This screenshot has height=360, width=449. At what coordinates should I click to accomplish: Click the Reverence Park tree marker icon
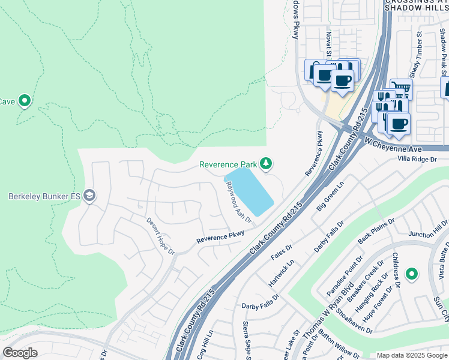point(265,164)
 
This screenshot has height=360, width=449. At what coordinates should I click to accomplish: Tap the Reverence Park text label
point(228,164)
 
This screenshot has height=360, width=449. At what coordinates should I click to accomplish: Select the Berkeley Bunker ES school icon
point(89,196)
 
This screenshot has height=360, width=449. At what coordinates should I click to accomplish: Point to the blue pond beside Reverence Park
point(249,191)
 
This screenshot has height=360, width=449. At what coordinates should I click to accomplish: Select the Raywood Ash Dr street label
point(238,203)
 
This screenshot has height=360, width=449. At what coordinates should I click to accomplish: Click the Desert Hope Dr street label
point(160,235)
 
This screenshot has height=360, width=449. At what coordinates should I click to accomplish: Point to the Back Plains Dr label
point(376,230)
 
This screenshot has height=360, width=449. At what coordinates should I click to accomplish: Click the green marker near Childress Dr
point(411,275)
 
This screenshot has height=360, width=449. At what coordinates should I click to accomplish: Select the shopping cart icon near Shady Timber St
point(401,89)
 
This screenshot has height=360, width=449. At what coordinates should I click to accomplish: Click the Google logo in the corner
point(20,353)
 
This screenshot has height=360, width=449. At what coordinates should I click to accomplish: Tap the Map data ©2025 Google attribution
point(411,355)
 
